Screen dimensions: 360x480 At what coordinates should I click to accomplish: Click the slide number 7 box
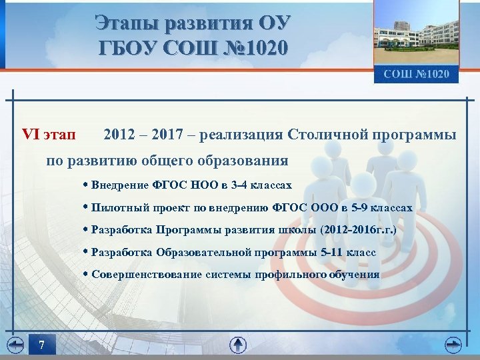point(41,345)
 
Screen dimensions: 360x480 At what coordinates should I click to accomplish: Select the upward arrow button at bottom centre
point(238,345)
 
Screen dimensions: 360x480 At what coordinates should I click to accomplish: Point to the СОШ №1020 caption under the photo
point(416,74)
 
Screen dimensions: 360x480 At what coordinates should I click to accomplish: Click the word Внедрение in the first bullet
point(119,184)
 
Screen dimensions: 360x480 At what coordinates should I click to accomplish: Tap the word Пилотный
point(117,207)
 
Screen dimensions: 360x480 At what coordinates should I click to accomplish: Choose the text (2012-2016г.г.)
point(358,230)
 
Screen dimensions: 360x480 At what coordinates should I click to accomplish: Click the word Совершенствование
point(144,274)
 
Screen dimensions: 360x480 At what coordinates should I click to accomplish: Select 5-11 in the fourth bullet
point(335,253)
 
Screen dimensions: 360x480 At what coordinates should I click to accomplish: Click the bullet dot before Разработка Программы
point(87,230)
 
